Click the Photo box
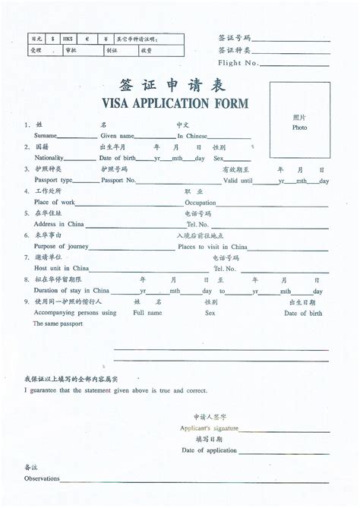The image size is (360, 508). pyautogui.click(x=299, y=122)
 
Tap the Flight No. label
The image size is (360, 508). pyautogui.click(x=238, y=63)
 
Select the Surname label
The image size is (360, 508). pyautogui.click(x=46, y=135)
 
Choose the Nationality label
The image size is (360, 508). pyautogui.click(x=50, y=158)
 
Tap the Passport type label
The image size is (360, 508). pyautogui.click(x=53, y=181)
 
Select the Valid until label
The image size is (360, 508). pyautogui.click(x=238, y=181)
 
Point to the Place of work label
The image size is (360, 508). pyautogui.click(x=55, y=203)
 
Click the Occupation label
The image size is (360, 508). pyautogui.click(x=201, y=203)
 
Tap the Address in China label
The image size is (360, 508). pyautogui.click(x=58, y=225)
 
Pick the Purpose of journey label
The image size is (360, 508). pyautogui.click(x=60, y=247)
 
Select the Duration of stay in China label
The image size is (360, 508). pyautogui.click(x=73, y=291)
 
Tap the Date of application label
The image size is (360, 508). pyautogui.click(x=210, y=451)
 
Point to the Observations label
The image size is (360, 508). pyautogui.click(x=42, y=480)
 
